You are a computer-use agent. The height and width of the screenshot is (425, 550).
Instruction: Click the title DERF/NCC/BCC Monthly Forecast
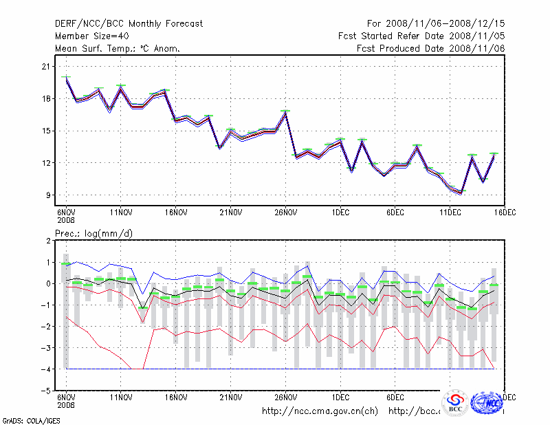[x=129, y=23]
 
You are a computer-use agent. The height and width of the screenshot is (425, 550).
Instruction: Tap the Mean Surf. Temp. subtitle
[x=118, y=48]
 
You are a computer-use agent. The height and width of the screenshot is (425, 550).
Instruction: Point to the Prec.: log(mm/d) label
[x=94, y=233]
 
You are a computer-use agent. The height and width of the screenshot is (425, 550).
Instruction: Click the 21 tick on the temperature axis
[x=47, y=67]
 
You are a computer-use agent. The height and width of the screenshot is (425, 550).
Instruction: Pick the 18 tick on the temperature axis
[x=47, y=99]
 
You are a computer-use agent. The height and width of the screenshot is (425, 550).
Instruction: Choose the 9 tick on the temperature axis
[x=49, y=195]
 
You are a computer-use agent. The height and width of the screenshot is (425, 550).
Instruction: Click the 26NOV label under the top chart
[x=285, y=212]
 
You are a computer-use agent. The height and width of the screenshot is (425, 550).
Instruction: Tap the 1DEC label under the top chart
[x=340, y=212]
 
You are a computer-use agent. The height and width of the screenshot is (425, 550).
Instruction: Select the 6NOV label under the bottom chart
[x=65, y=398]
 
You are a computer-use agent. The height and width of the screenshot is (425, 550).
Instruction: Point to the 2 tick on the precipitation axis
[x=49, y=241]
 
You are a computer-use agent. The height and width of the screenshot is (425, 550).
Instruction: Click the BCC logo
[x=455, y=402]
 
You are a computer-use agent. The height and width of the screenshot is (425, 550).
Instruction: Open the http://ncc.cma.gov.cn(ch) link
[x=320, y=411]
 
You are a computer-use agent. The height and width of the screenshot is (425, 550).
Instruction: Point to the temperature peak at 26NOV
[x=285, y=111]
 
